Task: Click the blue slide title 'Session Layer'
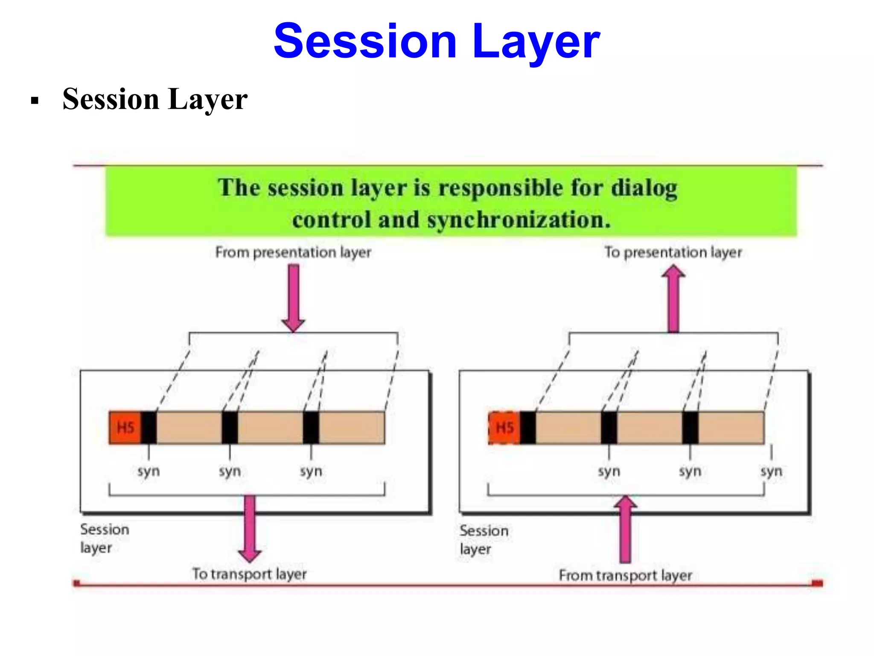437,41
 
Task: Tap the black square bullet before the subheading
35,101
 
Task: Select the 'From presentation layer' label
293,252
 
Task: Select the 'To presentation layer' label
673,252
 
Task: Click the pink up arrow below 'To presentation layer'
673,299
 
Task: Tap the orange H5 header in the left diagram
125,428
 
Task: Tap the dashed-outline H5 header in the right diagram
504,428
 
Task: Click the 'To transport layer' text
249,574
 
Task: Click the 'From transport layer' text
625,575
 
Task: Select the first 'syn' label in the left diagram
149,471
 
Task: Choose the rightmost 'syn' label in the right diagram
771,471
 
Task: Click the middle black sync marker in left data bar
230,428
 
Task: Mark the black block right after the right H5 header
527,428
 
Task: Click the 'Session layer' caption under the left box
104,538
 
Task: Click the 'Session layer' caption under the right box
484,540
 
